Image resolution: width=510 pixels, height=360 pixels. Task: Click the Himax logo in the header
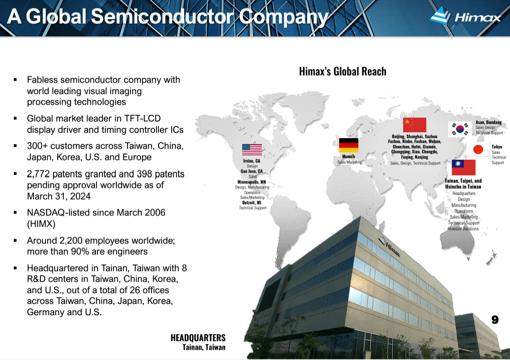tap(465, 17)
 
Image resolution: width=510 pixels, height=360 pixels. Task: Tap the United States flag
tap(252, 150)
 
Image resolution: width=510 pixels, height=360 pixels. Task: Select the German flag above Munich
tap(349, 146)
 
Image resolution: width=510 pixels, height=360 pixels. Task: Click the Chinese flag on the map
tap(414, 125)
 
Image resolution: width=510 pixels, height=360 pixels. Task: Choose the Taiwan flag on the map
tap(464, 167)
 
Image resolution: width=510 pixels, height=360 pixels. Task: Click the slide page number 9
tap(495, 320)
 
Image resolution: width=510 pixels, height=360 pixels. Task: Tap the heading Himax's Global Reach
tap(343, 71)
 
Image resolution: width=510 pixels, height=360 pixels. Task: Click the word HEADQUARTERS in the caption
tap(198, 338)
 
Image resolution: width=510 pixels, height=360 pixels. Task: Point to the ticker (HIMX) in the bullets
tap(41, 223)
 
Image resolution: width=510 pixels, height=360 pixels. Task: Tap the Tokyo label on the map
tap(497, 147)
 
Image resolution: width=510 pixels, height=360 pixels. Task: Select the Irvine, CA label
tap(252, 161)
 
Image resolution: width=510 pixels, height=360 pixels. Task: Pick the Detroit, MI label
tap(252, 203)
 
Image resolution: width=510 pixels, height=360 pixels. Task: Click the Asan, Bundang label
tap(488, 122)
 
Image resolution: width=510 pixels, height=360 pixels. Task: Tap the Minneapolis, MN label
tap(252, 182)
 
